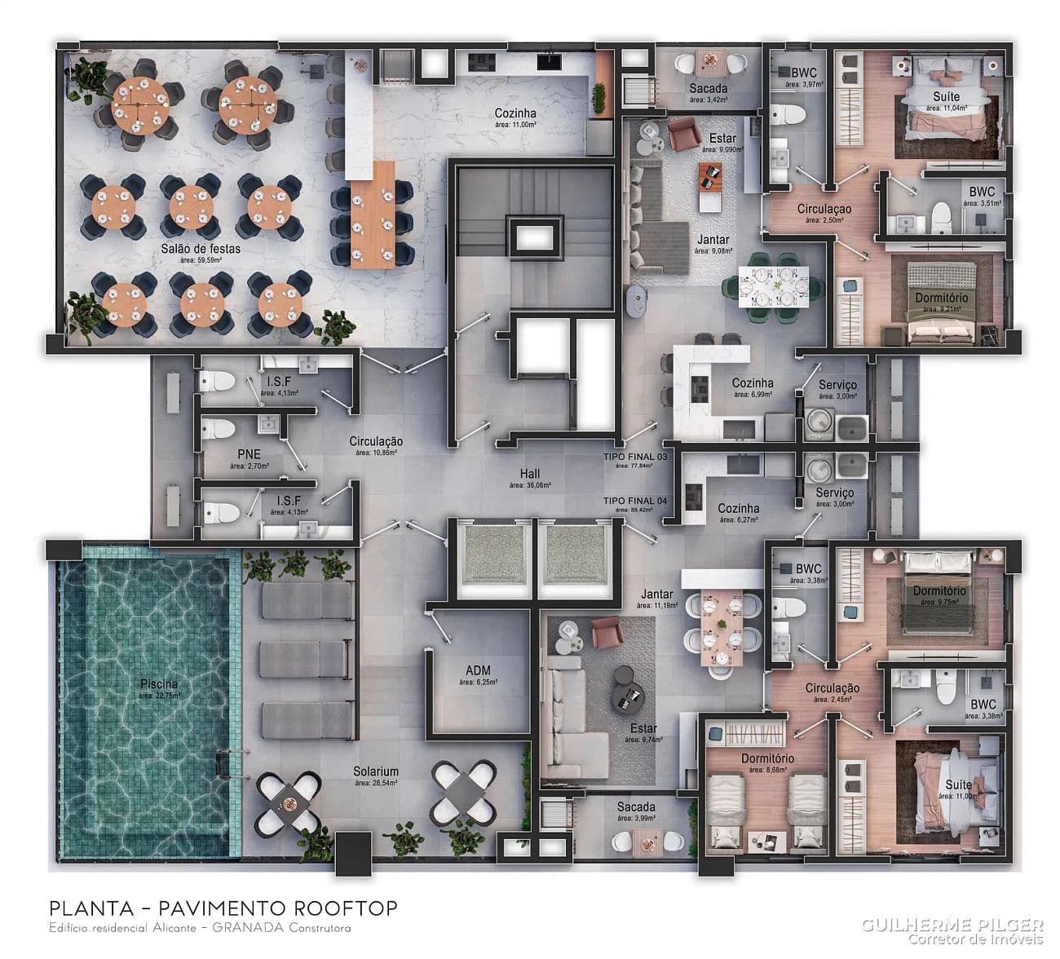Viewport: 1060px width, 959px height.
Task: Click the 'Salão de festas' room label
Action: click(200, 248)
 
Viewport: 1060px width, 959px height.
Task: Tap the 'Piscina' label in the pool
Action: click(159, 684)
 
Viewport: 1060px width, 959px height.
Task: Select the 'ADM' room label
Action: click(477, 670)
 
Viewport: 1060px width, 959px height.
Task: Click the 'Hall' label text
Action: click(530, 474)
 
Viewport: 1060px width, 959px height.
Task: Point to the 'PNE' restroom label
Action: click(249, 454)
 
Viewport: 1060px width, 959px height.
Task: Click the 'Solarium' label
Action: click(376, 771)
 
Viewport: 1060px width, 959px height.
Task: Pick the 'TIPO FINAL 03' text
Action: click(635, 457)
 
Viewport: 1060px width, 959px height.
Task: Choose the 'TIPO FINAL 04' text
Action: click(635, 501)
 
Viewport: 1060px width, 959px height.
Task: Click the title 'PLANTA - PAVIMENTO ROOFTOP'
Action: click(223, 908)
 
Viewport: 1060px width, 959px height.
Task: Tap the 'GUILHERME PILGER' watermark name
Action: click(952, 924)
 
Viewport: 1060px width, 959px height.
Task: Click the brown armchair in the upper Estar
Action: click(683, 133)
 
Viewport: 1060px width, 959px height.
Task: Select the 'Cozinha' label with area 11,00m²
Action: click(515, 113)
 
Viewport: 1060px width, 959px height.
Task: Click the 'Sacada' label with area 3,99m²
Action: click(637, 807)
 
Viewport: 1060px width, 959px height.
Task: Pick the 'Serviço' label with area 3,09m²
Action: click(837, 384)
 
